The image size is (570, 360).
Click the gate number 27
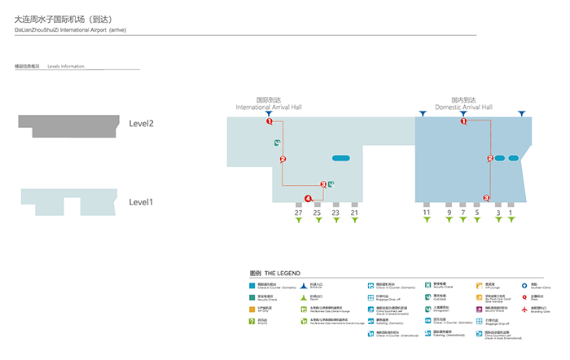(298, 213)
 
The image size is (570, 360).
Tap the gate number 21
(354, 213)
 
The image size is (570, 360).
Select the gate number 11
(426, 213)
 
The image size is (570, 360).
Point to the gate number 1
(511, 213)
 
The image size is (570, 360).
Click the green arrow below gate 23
(336, 220)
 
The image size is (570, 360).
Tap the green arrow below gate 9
(449, 220)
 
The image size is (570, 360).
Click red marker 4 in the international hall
(308, 199)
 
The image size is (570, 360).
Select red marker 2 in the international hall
(283, 159)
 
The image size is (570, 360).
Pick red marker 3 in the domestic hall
(486, 197)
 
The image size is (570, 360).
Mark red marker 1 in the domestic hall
(463, 121)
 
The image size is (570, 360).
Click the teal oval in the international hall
(340, 158)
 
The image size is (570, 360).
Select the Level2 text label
(142, 124)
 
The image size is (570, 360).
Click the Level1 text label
(142, 202)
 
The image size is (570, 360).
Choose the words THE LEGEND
(283, 272)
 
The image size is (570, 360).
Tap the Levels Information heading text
(66, 66)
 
